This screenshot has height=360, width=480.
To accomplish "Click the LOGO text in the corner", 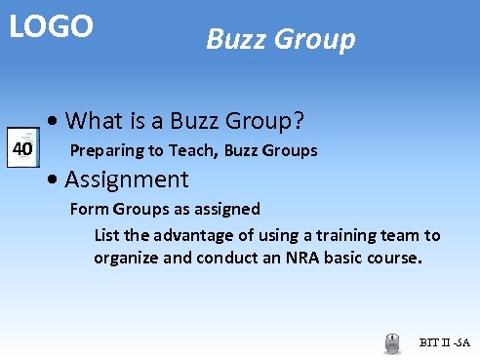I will pyautogui.click(x=52, y=26).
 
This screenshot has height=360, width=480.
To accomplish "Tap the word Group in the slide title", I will pyautogui.click(x=315, y=41).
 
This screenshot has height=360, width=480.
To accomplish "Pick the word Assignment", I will pyautogui.click(x=126, y=180).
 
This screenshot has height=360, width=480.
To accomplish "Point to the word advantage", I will pyautogui.click(x=186, y=235).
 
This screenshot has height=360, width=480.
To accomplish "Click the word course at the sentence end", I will pyautogui.click(x=395, y=259).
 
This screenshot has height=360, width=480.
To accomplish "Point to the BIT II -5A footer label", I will pyautogui.click(x=444, y=343).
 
